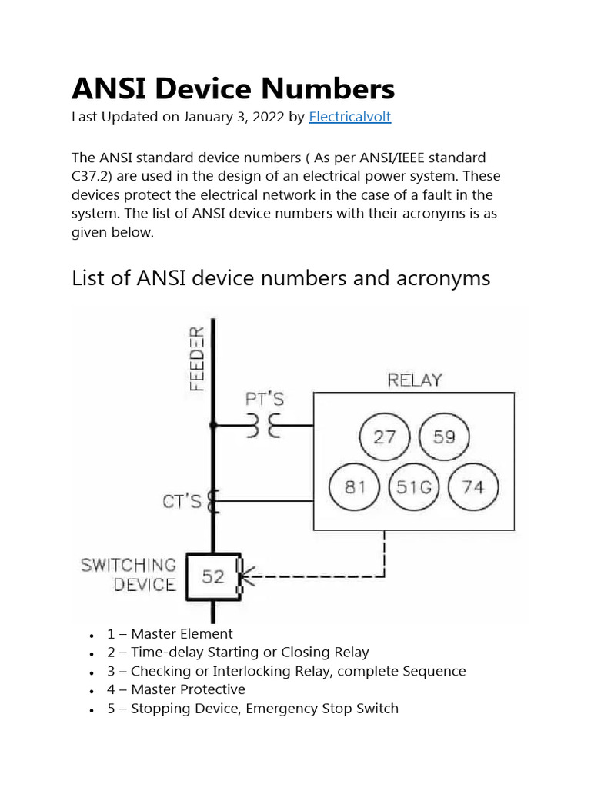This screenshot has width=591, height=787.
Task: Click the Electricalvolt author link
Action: point(349,117)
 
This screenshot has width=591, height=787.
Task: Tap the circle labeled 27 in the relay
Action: point(384,437)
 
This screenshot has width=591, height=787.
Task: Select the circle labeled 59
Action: point(444,437)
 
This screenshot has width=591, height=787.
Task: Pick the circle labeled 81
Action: point(355,487)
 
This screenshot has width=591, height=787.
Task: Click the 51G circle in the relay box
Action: point(415,487)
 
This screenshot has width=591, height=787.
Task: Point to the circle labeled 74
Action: point(474,487)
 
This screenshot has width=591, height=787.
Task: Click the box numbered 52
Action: point(212,576)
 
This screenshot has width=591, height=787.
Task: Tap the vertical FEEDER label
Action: point(197,358)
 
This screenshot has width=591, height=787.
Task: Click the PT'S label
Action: point(265,399)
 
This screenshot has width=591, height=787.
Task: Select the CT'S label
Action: point(182,502)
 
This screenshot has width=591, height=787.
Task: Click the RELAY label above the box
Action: point(415,380)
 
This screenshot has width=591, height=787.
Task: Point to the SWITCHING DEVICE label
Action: point(129,575)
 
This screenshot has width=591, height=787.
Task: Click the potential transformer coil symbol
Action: point(264,425)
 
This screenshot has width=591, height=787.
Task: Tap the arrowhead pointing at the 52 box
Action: point(248,576)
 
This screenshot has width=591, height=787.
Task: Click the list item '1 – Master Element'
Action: point(169,634)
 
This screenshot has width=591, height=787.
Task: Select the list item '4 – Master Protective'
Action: point(175,689)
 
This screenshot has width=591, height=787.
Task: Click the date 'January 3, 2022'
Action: point(234,117)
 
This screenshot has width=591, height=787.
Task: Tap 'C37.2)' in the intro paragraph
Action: point(92,176)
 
